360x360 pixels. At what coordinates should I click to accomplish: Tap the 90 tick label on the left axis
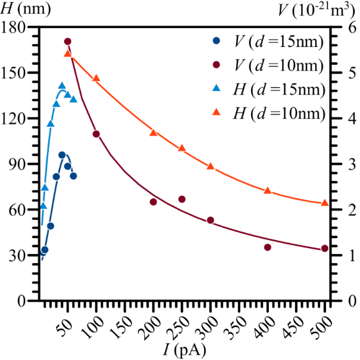[17, 164]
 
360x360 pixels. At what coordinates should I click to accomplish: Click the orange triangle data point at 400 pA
[268, 190]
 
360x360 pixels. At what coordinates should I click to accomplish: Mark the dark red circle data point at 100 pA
[96, 134]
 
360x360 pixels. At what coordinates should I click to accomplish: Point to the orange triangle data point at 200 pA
[154, 132]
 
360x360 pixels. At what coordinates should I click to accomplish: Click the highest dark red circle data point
[68, 42]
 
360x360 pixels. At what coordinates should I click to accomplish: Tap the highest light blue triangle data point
[62, 86]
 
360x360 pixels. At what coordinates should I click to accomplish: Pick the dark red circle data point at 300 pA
[211, 220]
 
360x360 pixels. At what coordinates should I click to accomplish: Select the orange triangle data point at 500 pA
[325, 203]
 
